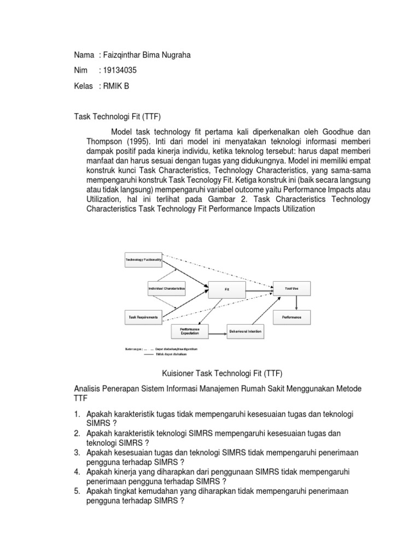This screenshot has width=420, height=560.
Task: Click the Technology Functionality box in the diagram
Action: (144, 260)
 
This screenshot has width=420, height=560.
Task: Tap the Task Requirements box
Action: (144, 317)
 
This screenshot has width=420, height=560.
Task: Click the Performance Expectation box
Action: (190, 330)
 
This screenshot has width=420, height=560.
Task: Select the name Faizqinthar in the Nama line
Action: (124, 55)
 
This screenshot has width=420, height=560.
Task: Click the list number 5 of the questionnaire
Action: (77, 491)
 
